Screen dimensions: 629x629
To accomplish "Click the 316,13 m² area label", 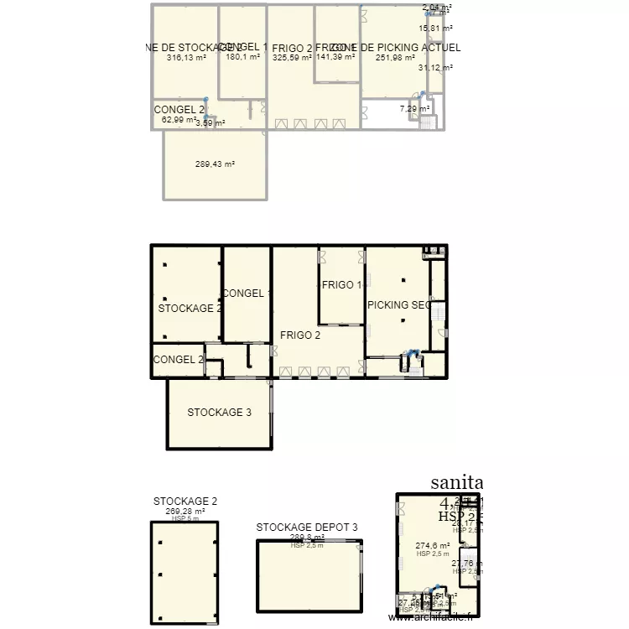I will pos(186,58).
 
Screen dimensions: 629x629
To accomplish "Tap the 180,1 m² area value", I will pos(242,58).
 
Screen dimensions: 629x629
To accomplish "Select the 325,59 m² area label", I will pos(292,58).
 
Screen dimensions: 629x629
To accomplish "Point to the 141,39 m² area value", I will pos(335,58).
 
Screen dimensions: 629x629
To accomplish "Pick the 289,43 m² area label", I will pos(215,164).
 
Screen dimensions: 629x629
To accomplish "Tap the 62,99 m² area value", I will pos(179,119).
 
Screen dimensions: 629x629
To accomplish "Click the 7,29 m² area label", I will pos(414,109).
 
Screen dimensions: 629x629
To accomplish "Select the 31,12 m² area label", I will pos(435,68).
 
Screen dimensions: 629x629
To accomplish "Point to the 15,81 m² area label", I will pos(435,28).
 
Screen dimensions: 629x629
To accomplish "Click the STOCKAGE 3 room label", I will pos(219,412).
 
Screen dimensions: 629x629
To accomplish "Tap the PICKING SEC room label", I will pos(399,305).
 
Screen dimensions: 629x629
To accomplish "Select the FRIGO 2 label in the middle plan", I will pos(300,335).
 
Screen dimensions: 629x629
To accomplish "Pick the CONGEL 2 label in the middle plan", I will pos(179,360).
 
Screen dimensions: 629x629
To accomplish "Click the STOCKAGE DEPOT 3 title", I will pos(307,528).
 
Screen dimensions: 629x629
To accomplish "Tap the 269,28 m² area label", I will pos(185,511).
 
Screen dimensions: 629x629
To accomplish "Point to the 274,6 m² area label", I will pos(433,545).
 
